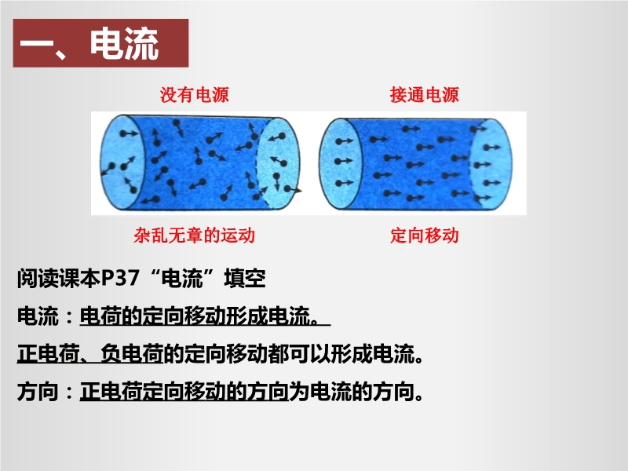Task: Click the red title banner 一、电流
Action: pyautogui.click(x=100, y=43)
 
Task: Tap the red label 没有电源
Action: pyautogui.click(x=194, y=95)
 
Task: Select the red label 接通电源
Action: pyautogui.click(x=424, y=95)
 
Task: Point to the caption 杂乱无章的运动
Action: pyautogui.click(x=194, y=235)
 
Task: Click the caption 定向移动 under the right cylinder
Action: pyautogui.click(x=425, y=235)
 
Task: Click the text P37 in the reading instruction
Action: pyautogui.click(x=120, y=278)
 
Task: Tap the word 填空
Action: pyautogui.click(x=245, y=278)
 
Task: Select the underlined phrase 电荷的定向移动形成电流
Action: pyautogui.click(x=199, y=316)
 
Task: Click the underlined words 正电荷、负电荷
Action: pyautogui.click(x=90, y=354)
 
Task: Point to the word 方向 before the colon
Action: pyautogui.click(x=38, y=391)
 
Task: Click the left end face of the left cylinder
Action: pyautogui.click(x=122, y=162)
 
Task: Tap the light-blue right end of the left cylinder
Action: pyautogui.click(x=278, y=163)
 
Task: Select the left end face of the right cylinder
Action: pyautogui.click(x=341, y=163)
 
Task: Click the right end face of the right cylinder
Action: pyautogui.click(x=491, y=164)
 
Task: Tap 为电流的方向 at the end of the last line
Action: pyautogui.click(x=352, y=391)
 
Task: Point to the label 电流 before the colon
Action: pyautogui.click(x=38, y=316)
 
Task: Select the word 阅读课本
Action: pyautogui.click(x=58, y=278)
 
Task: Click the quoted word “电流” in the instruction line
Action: pyautogui.click(x=181, y=278)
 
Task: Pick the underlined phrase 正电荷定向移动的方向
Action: pyautogui.click(x=184, y=391)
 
